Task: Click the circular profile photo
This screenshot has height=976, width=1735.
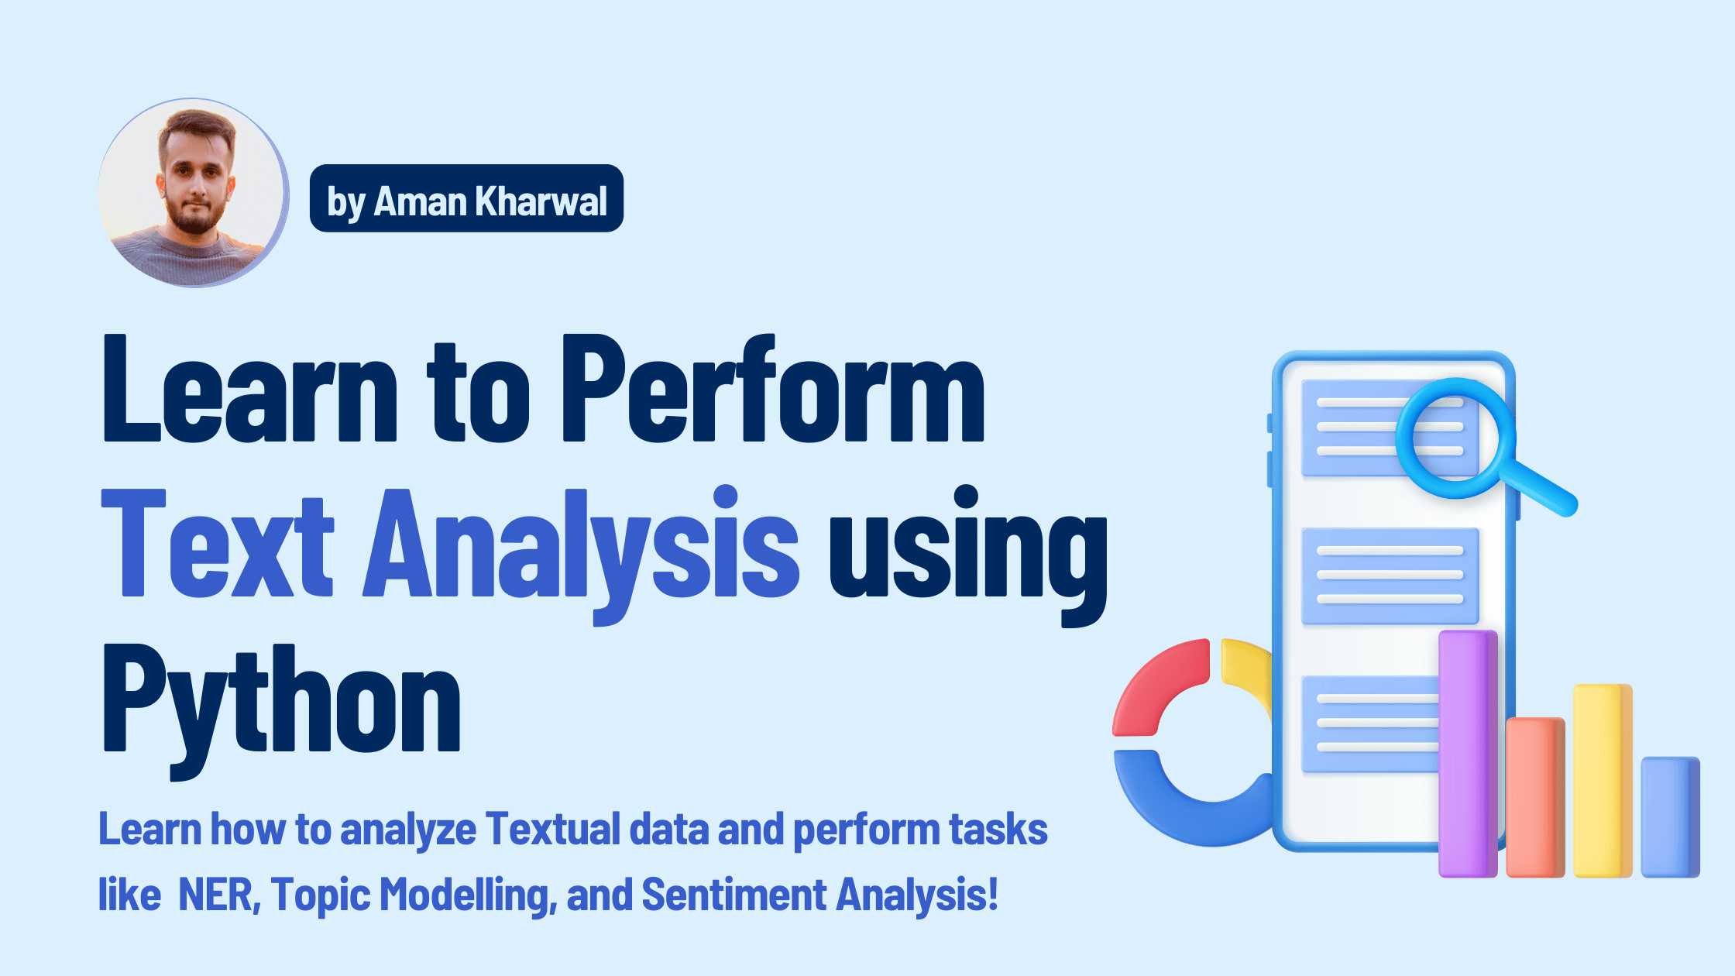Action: (193, 192)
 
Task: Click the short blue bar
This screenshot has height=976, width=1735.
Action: (1669, 817)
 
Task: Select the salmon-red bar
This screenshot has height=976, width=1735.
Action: (1534, 798)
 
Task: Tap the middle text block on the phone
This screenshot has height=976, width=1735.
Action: (1390, 576)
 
